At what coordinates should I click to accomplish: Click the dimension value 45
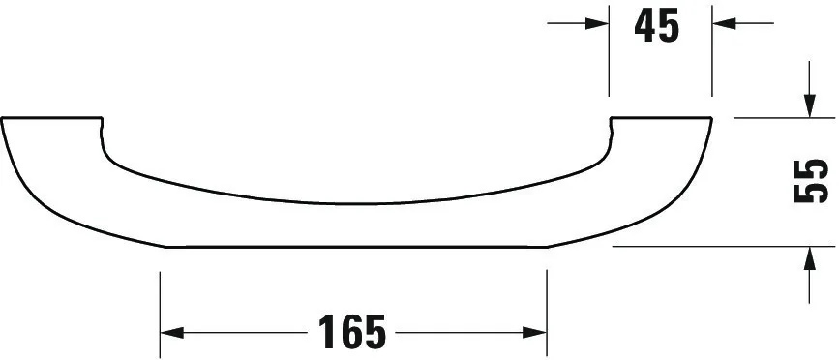pos(656,25)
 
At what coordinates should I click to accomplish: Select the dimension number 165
pos(351,332)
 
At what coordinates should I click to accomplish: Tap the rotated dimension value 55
pos(811,181)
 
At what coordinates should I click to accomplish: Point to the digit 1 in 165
pos(326,332)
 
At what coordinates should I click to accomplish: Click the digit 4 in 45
pos(645,25)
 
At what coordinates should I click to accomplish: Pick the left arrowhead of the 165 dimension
pos(171,333)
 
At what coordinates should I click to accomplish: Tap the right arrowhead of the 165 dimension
pos(534,333)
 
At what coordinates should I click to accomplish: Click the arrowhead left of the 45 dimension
pos(597,23)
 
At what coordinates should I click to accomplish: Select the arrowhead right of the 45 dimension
pos(724,23)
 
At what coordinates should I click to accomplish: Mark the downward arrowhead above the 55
pos(810,105)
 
